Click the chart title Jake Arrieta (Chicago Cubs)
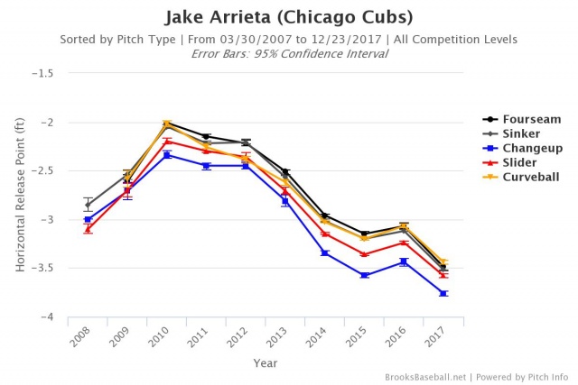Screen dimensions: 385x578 (289, 18)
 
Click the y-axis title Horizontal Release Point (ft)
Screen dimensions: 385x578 (20, 196)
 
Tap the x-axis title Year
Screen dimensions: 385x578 (265, 364)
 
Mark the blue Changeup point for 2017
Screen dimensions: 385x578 (443, 294)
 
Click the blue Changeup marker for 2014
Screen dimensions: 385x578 (324, 252)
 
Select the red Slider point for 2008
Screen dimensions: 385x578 (88, 229)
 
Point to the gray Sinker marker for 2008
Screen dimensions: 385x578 (88, 205)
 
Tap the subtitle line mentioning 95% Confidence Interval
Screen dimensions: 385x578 (289, 53)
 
